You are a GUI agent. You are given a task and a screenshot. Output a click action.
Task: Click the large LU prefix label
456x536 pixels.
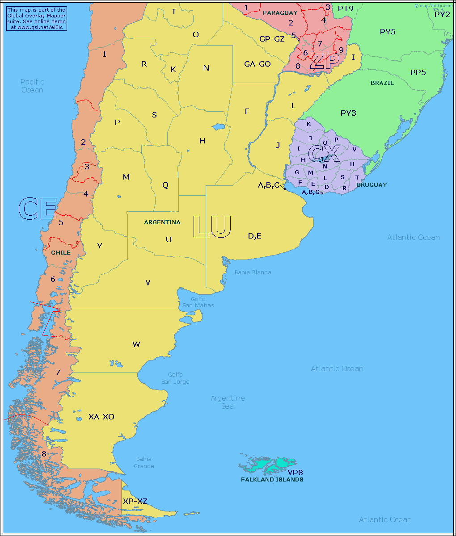212,226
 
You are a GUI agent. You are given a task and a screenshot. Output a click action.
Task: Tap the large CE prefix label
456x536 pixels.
38,209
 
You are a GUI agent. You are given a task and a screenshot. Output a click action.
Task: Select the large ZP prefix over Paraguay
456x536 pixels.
325,61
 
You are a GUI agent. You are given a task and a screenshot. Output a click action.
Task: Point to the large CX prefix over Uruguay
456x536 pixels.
324,154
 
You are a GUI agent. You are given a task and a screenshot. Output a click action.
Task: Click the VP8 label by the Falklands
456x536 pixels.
296,472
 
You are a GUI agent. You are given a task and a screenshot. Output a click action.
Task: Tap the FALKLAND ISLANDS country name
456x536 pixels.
272,479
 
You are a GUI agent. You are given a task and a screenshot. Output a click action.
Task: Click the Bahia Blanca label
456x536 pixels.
253,272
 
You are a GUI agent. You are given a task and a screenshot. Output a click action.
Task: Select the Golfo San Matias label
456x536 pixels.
198,302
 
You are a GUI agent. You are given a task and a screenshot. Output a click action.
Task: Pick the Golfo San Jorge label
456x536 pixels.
175,378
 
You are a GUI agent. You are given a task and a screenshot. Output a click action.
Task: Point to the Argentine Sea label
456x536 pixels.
228,402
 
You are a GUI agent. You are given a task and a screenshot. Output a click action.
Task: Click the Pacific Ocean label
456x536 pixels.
32,86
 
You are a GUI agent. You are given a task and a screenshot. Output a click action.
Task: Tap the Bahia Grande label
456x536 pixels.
144,462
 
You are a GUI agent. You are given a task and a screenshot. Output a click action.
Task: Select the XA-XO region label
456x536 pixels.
101,417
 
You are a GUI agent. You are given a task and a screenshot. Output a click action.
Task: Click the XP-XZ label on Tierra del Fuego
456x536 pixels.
135,502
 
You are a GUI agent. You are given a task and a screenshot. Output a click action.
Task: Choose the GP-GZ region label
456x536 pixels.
272,39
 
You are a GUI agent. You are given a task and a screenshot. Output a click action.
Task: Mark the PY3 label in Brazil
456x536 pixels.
348,113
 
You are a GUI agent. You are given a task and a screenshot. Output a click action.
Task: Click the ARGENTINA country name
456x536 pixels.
162,222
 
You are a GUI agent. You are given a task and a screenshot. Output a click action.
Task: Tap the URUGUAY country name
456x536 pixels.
372,184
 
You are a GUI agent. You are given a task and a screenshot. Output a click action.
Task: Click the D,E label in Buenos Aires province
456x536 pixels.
254,236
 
